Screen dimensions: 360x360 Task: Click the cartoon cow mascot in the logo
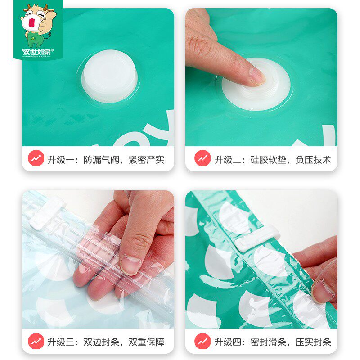[38, 25]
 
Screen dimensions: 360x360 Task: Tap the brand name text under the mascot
[38, 52]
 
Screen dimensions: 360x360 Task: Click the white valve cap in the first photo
[110, 76]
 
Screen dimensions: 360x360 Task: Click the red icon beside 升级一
[36, 158]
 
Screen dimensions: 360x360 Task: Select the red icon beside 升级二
[202, 158]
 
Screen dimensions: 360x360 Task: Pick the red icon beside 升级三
[36, 341]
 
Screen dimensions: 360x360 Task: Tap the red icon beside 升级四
[202, 341]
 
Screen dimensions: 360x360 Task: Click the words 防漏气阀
[101, 160]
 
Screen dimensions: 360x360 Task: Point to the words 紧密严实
[147, 160]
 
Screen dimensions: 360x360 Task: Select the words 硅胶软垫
[268, 160]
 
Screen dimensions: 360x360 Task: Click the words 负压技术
[313, 160]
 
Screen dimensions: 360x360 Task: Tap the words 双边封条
[101, 342]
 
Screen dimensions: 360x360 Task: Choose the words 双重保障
[147, 342]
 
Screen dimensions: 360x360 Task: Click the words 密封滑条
[268, 342]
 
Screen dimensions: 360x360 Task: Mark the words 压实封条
[313, 342]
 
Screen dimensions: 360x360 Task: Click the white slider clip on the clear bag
[48, 213]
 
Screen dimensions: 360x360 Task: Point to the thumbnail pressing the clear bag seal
[130, 264]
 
